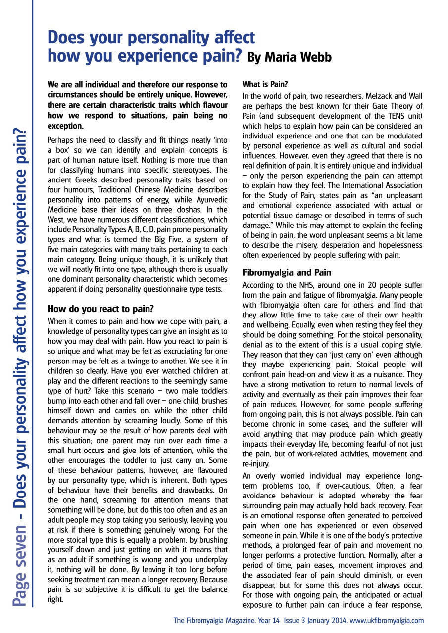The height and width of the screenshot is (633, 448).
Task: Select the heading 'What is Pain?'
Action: [x=265, y=85]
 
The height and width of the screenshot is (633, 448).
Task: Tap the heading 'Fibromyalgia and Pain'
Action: [x=287, y=272]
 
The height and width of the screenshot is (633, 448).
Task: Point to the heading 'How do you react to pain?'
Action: [x=100, y=309]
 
